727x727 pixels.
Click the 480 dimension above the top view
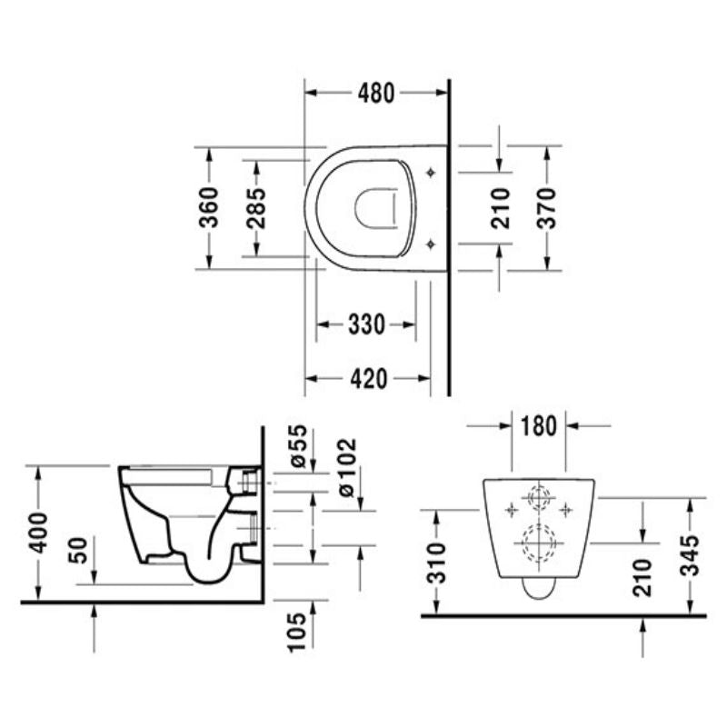(x=375, y=93)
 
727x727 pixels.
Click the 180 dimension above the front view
(x=538, y=425)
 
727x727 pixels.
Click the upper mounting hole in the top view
(x=431, y=171)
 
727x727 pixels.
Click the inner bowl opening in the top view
(x=376, y=207)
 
